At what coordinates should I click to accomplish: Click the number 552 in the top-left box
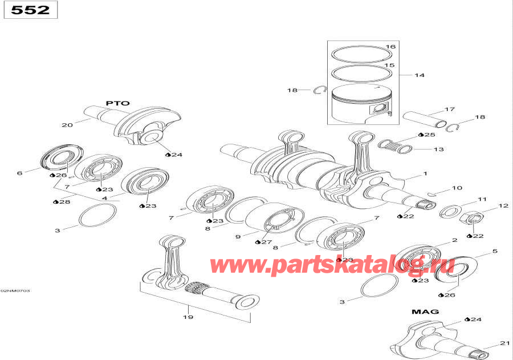(x=31, y=10)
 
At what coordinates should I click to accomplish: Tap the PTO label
(x=117, y=103)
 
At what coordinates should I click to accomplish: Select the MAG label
(x=425, y=312)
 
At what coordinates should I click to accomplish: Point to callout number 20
(x=67, y=125)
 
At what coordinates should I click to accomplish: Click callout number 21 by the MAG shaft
(x=504, y=343)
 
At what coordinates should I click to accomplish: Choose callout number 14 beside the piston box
(x=420, y=75)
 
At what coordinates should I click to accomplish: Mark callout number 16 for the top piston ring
(x=390, y=47)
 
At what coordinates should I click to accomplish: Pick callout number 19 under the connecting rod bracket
(x=188, y=317)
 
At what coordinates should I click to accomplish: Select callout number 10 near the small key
(x=457, y=188)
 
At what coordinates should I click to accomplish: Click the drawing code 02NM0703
(x=15, y=291)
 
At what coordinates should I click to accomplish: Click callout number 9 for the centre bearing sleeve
(x=238, y=236)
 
